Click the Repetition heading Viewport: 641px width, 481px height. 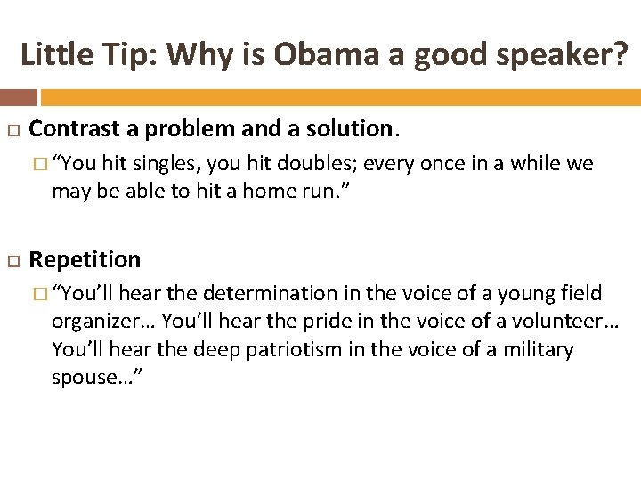[x=85, y=259]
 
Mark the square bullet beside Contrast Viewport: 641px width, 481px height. [x=12, y=129]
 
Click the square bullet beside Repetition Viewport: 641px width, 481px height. [x=12, y=260]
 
